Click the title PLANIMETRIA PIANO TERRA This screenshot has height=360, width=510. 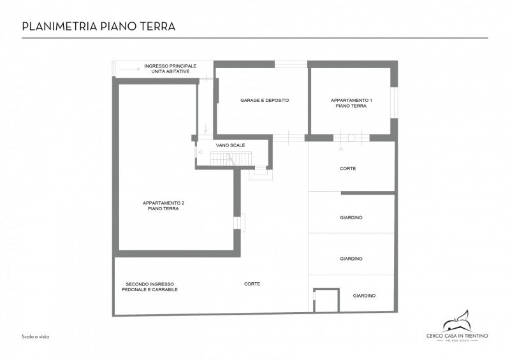click(99, 26)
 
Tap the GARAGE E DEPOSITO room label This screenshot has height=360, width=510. click(265, 100)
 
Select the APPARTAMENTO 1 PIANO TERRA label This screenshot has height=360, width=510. click(351, 103)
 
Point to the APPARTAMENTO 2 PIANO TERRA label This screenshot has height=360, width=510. click(163, 206)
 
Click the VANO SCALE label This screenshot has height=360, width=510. click(230, 145)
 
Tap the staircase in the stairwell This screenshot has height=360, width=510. click(230, 159)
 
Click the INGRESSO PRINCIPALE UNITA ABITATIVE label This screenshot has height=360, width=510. click(170, 69)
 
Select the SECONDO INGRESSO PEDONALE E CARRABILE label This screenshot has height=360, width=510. click(150, 287)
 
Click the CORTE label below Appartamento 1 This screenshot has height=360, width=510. click(347, 168)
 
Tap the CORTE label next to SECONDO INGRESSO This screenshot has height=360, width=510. click(252, 284)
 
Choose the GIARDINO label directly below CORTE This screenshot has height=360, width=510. click(351, 217)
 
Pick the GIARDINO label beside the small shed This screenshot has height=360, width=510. click(364, 296)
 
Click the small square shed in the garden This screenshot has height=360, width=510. click(326, 300)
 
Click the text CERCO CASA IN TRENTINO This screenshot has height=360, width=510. click(457, 336)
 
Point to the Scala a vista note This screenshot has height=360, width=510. click(36, 337)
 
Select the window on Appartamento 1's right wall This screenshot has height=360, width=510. click(394, 103)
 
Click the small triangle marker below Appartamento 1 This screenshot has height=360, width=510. click(341, 149)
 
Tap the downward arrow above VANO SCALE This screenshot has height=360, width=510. click(205, 127)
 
